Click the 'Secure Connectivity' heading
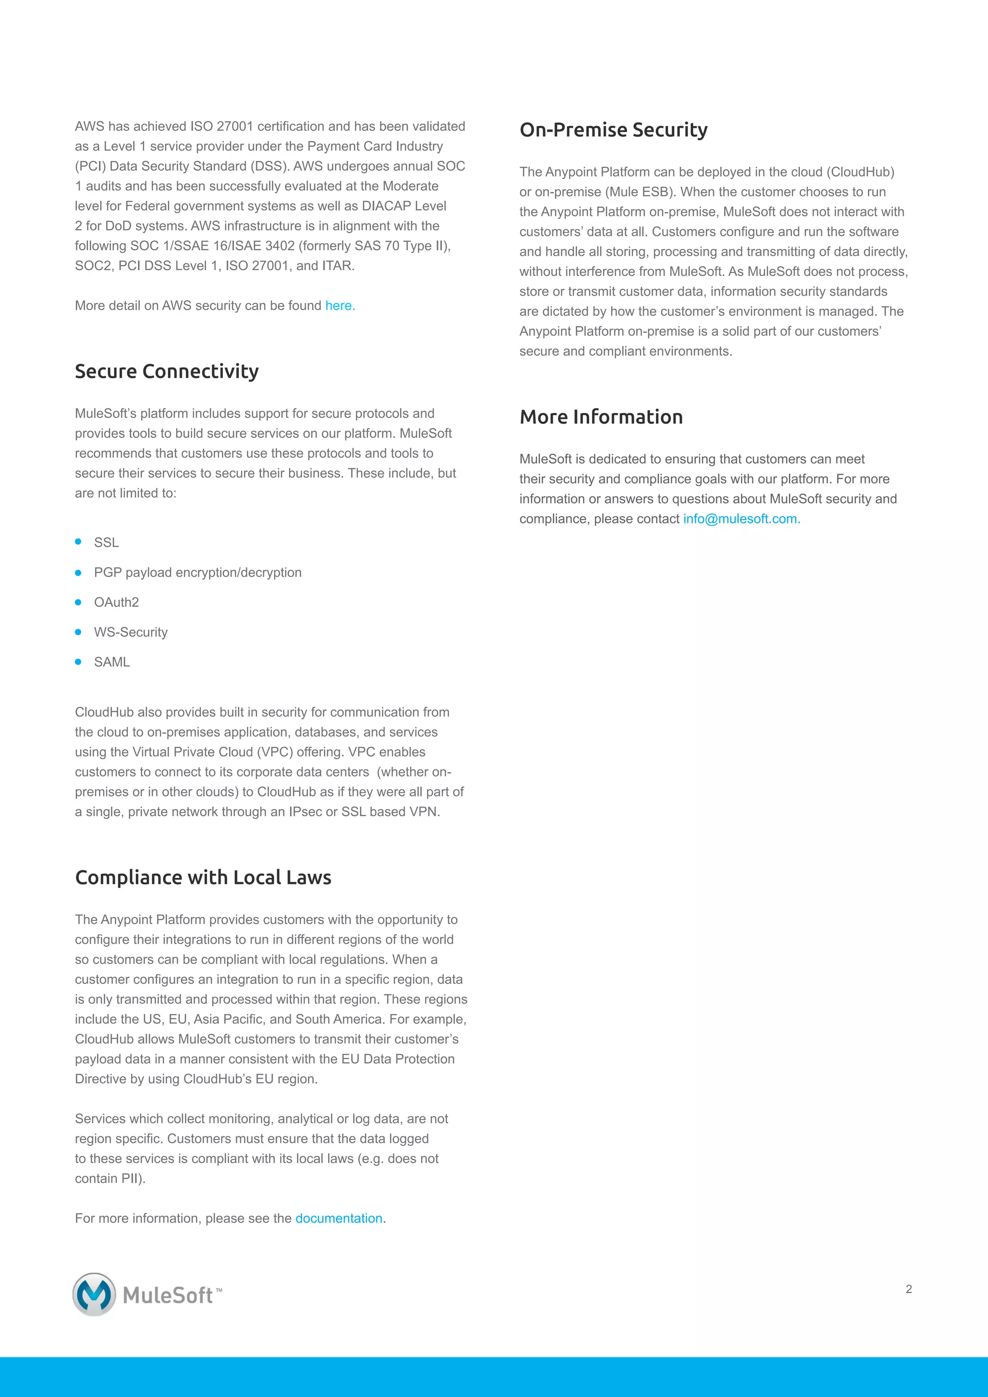(x=167, y=371)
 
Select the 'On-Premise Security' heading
(x=613, y=130)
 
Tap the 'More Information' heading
(x=601, y=417)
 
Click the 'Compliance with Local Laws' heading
(x=203, y=877)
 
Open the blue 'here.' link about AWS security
(x=340, y=305)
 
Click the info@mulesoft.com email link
(x=741, y=519)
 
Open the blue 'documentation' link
(x=339, y=1218)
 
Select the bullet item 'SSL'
(x=107, y=542)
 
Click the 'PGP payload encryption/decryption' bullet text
(x=198, y=573)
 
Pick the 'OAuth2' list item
(x=116, y=603)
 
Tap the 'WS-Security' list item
(x=131, y=632)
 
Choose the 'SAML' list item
(x=112, y=662)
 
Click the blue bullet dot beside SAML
(x=78, y=662)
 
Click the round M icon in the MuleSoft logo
(x=94, y=1295)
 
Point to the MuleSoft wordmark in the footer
(x=168, y=1295)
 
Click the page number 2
(x=908, y=1288)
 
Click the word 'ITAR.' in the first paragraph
(x=338, y=266)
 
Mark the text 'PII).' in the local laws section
(x=133, y=1178)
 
